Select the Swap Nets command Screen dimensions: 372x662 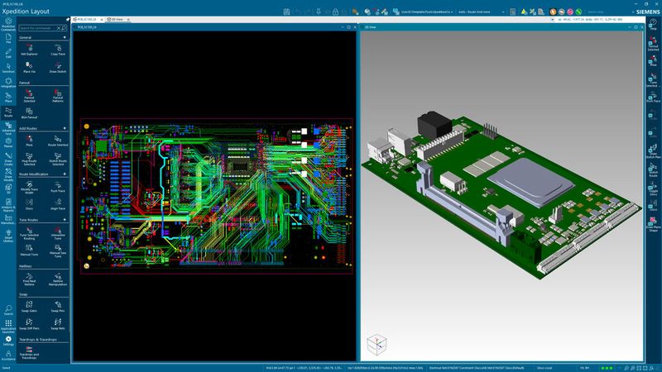[x=57, y=325]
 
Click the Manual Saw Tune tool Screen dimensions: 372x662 [x=57, y=253]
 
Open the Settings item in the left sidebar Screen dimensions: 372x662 [x=7, y=340]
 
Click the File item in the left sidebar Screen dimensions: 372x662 [x=7, y=38]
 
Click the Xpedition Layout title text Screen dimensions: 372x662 [x=26, y=12]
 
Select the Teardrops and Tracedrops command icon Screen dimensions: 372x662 [x=29, y=351]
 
